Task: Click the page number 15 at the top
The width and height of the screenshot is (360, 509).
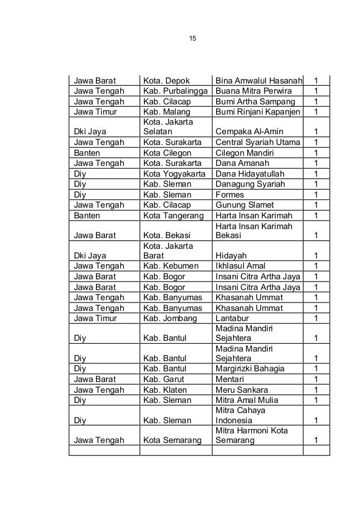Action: pos(192,38)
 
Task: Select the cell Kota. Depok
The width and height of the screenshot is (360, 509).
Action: pos(169,81)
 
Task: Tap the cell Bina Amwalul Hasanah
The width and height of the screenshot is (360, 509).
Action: pos(258,81)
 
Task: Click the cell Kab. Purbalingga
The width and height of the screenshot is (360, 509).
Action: pos(175,91)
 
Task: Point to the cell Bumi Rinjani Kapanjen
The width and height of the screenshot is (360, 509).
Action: pos(258,112)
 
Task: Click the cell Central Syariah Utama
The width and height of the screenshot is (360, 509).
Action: pos(257,142)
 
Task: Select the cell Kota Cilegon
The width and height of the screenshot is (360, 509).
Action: pos(168,153)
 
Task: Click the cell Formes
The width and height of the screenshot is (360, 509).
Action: pos(230,194)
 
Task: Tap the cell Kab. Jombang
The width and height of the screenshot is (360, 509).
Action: pos(169,318)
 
